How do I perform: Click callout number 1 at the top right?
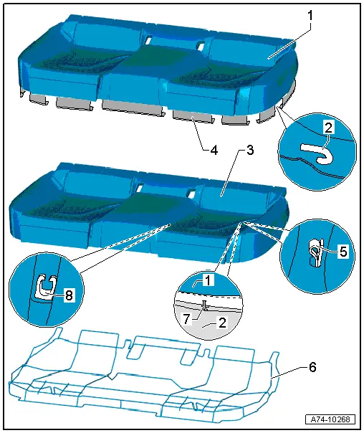pyautogui.click(x=310, y=16)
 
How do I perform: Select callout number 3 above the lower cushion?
pyautogui.click(x=250, y=150)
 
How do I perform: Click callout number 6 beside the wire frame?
pyautogui.click(x=312, y=368)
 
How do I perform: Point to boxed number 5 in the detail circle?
pyautogui.click(x=343, y=252)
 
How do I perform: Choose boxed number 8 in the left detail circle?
pyautogui.click(x=69, y=295)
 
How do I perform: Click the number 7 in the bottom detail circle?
pyautogui.click(x=187, y=320)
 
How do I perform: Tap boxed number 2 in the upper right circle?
pyautogui.click(x=328, y=128)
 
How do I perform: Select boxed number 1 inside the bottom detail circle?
pyautogui.click(x=208, y=280)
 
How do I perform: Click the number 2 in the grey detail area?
pyautogui.click(x=222, y=323)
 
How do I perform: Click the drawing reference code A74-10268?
pyautogui.click(x=330, y=419)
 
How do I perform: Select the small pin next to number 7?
pyautogui.click(x=204, y=305)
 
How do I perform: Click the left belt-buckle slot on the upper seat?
pyautogui.click(x=148, y=40)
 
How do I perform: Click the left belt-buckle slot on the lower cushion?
pyautogui.click(x=139, y=188)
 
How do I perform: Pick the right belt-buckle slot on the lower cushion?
pyautogui.click(x=192, y=192)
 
